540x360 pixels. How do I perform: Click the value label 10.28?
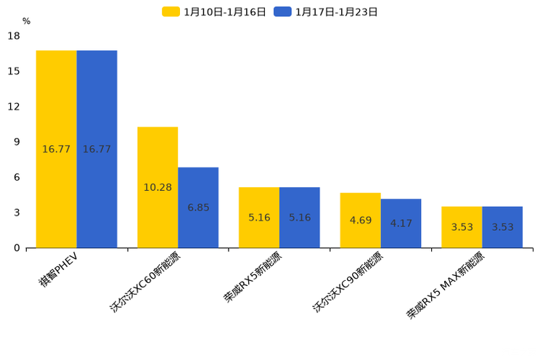coord(157,187)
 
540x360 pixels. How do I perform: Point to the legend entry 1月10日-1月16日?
coord(214,12)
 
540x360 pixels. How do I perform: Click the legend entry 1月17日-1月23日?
coord(326,12)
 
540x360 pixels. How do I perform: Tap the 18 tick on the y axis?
coord(14,36)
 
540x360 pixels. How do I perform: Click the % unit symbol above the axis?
coord(26,21)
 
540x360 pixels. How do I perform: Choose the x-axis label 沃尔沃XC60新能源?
coord(145,282)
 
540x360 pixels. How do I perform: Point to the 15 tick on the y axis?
coord(14,71)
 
